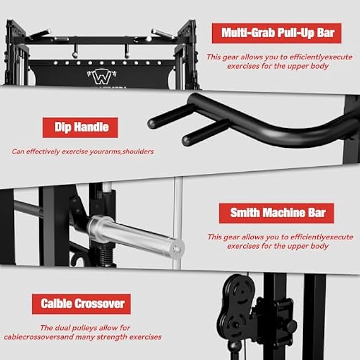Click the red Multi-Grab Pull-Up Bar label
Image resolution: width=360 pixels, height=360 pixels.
[276, 33]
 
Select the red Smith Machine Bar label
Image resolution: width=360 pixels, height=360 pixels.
[276, 213]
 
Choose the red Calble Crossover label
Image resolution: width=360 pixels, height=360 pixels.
[81, 304]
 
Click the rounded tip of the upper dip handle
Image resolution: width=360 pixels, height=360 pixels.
[152, 123]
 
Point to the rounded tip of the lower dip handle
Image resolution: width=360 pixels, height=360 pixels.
[187, 140]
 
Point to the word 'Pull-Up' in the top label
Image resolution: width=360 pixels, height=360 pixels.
[294, 33]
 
